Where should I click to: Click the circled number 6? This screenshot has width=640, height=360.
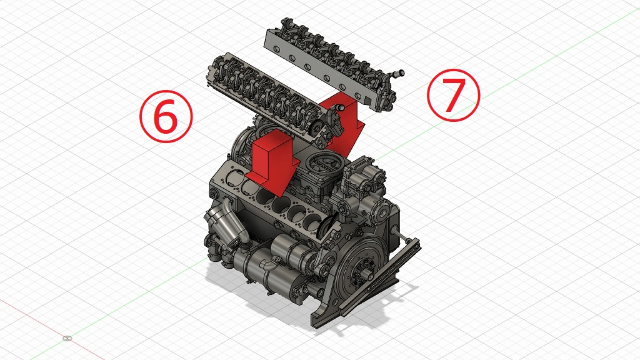coord(166,116)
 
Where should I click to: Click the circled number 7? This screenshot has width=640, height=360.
coord(454,95)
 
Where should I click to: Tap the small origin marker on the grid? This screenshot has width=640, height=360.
coord(67,338)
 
